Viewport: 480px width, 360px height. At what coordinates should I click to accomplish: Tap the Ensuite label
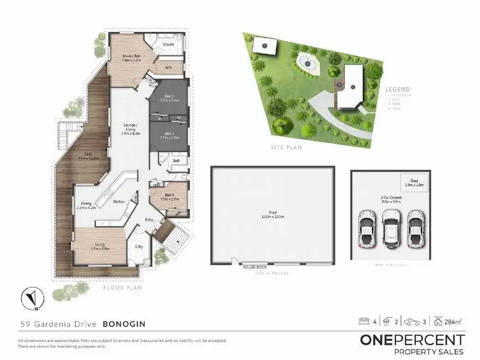pos(169,44)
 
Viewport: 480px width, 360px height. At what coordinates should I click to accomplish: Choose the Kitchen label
pos(119,201)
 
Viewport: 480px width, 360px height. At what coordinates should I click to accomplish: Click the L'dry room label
pos(139,246)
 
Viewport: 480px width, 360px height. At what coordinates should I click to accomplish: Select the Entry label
pos(149,219)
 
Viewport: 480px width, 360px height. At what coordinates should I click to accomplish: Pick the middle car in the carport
pos(391,225)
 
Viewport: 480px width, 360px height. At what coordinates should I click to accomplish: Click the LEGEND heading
pos(397,90)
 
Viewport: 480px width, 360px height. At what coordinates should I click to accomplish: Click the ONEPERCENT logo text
pos(412,340)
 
